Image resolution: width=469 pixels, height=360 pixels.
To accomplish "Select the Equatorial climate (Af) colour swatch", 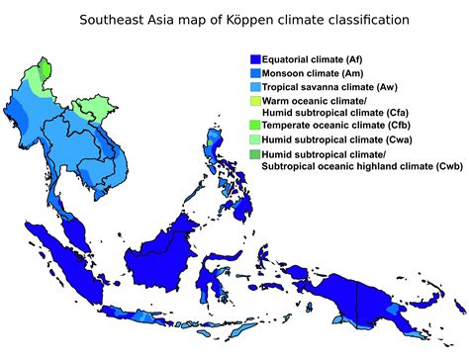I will click(x=255, y=60).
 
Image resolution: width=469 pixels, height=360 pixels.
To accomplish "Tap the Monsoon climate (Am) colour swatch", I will click(x=255, y=73).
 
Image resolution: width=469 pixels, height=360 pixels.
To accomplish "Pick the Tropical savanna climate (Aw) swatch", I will click(x=255, y=87).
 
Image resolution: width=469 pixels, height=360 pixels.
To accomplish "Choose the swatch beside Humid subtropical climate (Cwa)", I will click(x=255, y=140).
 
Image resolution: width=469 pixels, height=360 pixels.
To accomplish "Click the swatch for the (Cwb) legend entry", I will click(x=255, y=154).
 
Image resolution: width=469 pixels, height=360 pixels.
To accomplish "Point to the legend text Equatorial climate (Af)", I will click(x=319, y=60).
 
